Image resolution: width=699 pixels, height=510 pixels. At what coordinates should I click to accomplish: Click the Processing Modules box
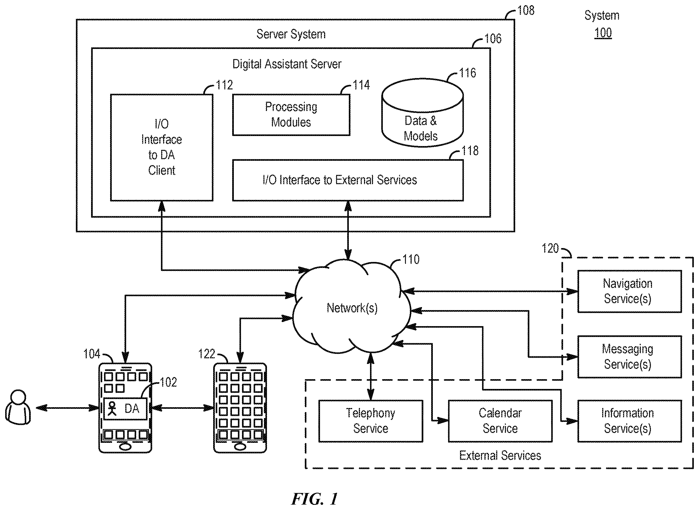[291, 115]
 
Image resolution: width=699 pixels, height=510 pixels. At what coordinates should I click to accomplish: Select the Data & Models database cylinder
[422, 112]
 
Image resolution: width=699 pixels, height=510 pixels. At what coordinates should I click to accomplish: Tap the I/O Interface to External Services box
[348, 180]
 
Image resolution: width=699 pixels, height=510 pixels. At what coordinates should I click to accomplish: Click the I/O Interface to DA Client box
[162, 148]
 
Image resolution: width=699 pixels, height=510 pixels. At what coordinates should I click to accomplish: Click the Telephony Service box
[371, 421]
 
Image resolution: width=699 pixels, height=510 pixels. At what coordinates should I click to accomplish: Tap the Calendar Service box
[500, 421]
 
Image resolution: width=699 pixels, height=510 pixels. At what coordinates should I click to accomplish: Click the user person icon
[18, 407]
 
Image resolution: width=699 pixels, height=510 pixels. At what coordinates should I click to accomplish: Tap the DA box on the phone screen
[125, 409]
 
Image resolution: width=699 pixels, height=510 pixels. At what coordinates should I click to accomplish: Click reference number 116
[468, 73]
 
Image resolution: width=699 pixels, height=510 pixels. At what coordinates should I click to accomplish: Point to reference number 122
[206, 354]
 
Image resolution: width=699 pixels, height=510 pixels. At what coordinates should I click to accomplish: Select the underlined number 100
[603, 33]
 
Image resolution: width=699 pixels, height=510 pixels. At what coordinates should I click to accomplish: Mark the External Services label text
[500, 456]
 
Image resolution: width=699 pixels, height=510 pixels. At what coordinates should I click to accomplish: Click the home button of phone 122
[240, 447]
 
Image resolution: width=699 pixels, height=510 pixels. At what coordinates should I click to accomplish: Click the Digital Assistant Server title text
[287, 64]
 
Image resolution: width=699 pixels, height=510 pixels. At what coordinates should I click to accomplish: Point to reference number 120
[550, 248]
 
